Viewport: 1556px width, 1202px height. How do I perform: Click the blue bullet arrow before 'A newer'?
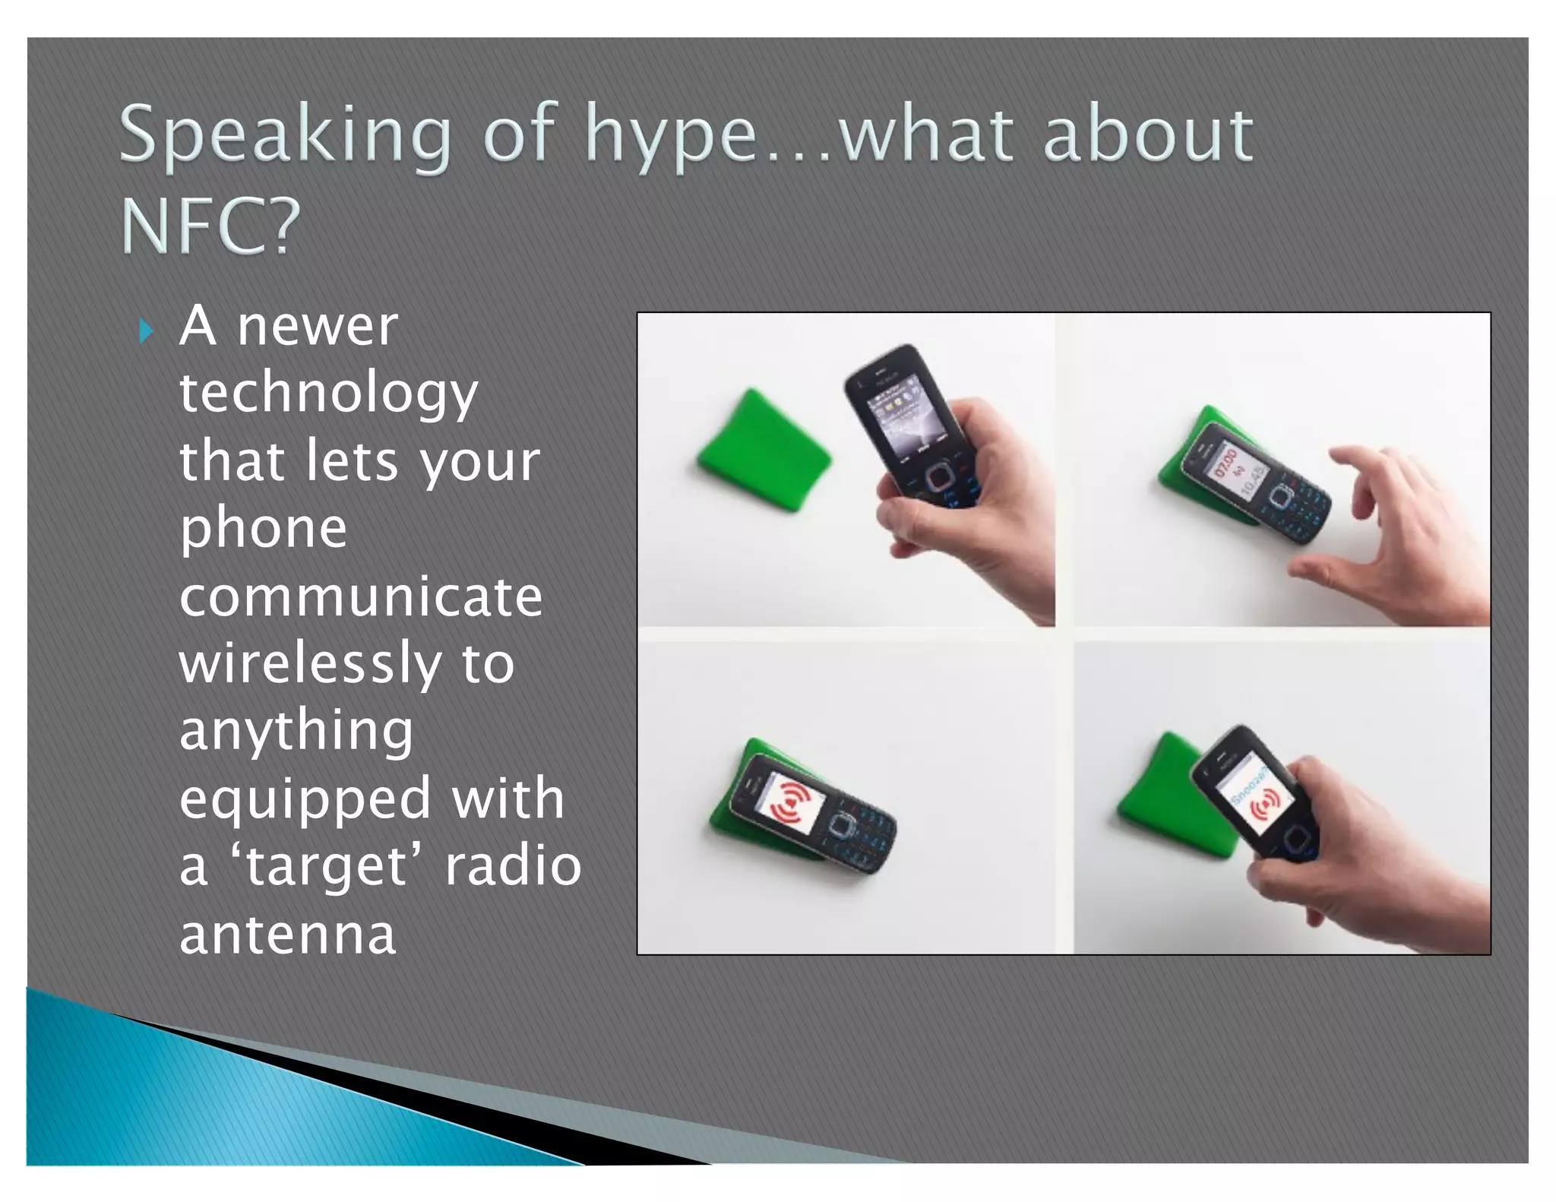pyautogui.click(x=147, y=331)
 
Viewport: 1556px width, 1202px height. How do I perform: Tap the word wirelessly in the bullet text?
pyautogui.click(x=310, y=663)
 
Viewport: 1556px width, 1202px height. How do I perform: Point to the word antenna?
pyautogui.click(x=287, y=935)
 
